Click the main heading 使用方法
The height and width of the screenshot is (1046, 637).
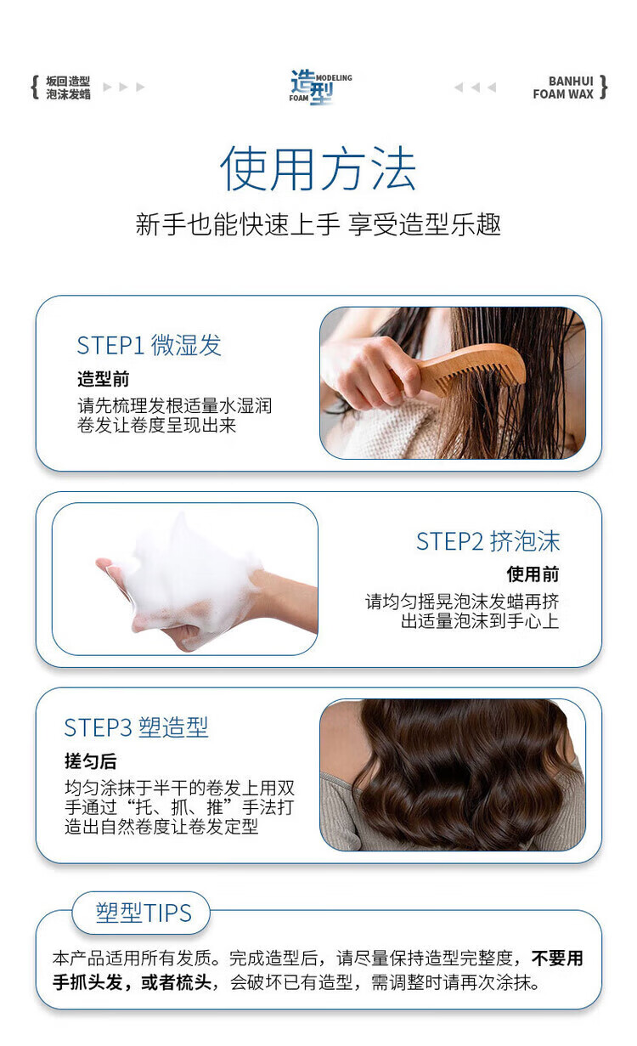click(318, 168)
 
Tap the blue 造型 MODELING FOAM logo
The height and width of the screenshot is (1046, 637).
click(320, 88)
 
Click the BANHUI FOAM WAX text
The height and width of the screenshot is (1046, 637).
click(563, 88)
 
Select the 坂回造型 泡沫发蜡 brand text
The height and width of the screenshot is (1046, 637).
click(68, 88)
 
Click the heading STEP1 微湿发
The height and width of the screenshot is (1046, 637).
click(149, 345)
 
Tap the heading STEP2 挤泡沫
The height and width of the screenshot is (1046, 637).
click(488, 541)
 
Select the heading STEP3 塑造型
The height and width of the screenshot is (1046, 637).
click(136, 727)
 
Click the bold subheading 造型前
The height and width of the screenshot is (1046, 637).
click(103, 379)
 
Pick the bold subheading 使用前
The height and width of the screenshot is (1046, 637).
click(533, 574)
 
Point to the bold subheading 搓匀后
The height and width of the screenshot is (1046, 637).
click(91, 761)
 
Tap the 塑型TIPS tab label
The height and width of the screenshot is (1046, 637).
click(144, 913)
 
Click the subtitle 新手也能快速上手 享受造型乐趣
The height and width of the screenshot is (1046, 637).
click(318, 224)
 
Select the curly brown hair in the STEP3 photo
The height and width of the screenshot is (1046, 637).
click(462, 774)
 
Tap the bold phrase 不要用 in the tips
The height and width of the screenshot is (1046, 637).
click(558, 958)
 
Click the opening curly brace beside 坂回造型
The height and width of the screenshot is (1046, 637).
click(35, 88)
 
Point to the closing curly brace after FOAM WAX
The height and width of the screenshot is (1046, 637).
click(603, 88)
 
